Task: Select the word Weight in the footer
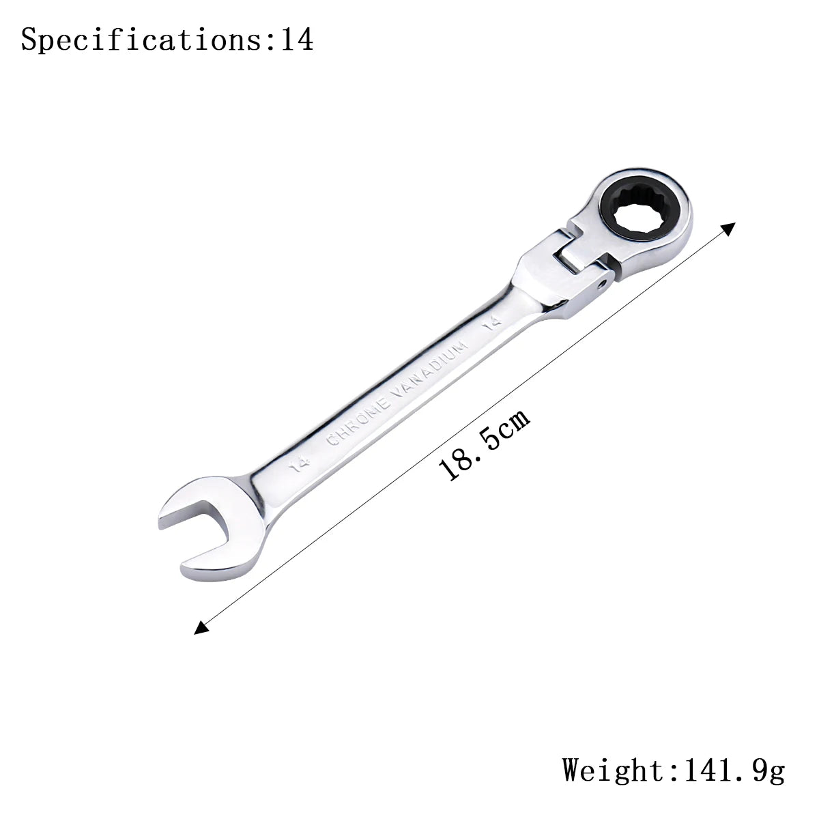(x=612, y=770)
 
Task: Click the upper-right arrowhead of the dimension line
(x=728, y=229)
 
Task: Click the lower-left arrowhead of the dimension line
(x=201, y=627)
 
